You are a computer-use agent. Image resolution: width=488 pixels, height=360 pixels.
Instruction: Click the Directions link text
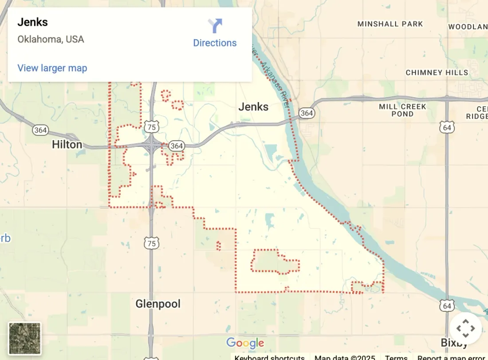pyautogui.click(x=215, y=43)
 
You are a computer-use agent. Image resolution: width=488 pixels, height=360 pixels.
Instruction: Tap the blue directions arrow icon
pyautogui.click(x=215, y=25)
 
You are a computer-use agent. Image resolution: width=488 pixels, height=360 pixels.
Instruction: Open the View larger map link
pyautogui.click(x=52, y=68)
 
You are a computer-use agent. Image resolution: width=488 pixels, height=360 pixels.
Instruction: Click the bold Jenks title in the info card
pyautogui.click(x=33, y=22)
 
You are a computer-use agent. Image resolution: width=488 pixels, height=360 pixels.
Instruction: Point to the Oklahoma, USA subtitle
pyautogui.click(x=51, y=39)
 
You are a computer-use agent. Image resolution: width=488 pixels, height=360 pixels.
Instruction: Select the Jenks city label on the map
pyautogui.click(x=253, y=107)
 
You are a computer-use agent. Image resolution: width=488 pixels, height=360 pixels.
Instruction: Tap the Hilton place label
pyautogui.click(x=67, y=144)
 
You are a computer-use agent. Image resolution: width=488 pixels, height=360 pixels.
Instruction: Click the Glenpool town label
pyautogui.click(x=158, y=304)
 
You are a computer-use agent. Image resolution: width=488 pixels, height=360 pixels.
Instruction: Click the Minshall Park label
pyautogui.click(x=390, y=24)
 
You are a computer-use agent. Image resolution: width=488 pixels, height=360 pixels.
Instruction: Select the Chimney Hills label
pyautogui.click(x=437, y=72)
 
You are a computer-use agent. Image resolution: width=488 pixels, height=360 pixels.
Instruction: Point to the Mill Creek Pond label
pyautogui.click(x=402, y=110)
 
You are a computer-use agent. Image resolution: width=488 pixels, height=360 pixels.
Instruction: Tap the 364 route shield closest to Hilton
pyautogui.click(x=40, y=130)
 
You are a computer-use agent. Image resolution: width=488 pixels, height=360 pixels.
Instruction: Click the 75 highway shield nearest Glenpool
pyautogui.click(x=151, y=243)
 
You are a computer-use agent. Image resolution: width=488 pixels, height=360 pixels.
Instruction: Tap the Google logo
pyautogui.click(x=245, y=343)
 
